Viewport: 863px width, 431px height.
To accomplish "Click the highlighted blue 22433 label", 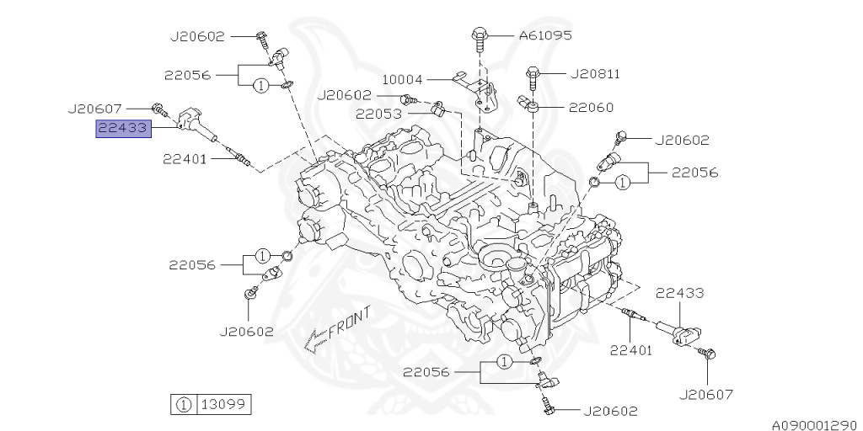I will click(x=123, y=129).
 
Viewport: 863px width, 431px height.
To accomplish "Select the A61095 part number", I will click(x=544, y=35).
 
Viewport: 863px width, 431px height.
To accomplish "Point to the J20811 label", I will click(x=594, y=74).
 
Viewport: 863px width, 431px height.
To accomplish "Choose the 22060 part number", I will click(x=590, y=108).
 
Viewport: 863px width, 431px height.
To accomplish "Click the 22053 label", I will click(x=378, y=114).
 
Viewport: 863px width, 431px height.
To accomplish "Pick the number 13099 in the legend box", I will click(x=223, y=404).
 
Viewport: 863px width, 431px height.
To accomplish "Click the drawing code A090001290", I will click(x=814, y=421).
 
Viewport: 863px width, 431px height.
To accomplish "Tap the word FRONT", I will click(x=349, y=322).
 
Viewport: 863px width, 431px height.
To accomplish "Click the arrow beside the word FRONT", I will click(x=314, y=340).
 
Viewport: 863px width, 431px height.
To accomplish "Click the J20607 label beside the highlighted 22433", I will click(x=107, y=109).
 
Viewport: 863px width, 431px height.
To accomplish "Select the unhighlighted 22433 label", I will click(x=679, y=293).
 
